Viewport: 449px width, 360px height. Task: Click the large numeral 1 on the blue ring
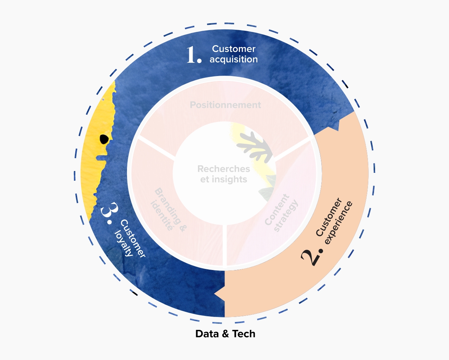[191, 55]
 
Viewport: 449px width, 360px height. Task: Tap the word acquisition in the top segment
[234, 60]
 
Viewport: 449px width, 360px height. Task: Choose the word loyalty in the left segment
[123, 243]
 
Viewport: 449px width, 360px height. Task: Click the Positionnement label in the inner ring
[225, 105]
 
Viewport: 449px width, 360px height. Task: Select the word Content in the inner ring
[277, 210]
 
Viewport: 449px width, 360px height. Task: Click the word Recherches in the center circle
[224, 169]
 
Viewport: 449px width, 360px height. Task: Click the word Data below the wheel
[207, 334]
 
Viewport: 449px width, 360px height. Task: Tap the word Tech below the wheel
[244, 334]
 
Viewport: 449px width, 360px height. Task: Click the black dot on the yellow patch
[104, 139]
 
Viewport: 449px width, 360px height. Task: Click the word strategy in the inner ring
[286, 215]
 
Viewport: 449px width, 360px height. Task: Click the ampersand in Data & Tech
[225, 334]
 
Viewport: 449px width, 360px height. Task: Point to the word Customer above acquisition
[234, 49]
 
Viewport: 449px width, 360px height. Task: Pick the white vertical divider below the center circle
[225, 246]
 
